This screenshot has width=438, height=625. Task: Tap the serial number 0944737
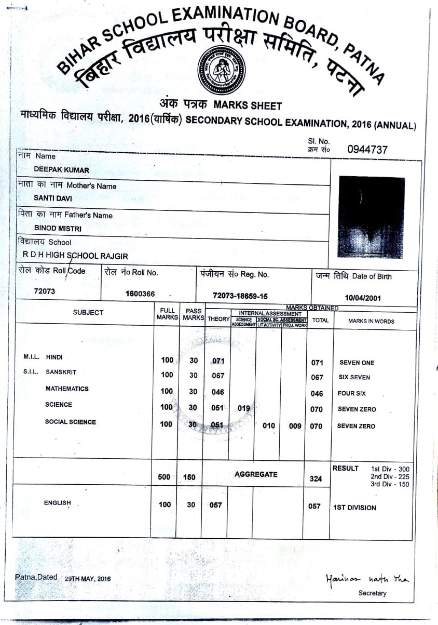click(367, 150)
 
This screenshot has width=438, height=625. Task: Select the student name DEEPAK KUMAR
click(61, 170)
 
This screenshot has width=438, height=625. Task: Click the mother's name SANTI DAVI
click(53, 198)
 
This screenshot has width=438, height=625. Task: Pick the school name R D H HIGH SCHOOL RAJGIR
click(75, 256)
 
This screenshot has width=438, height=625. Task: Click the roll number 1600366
click(140, 294)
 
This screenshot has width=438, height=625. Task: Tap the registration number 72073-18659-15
click(240, 296)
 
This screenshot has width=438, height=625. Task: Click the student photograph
click(372, 217)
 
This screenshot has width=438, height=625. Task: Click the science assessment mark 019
click(243, 408)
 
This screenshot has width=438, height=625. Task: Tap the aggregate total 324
click(316, 479)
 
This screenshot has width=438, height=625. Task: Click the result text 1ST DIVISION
click(354, 508)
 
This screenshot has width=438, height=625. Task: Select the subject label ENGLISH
click(57, 502)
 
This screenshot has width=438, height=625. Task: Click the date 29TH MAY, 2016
click(88, 579)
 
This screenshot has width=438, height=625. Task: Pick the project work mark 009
click(295, 426)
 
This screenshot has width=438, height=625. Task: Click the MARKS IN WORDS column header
click(371, 321)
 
